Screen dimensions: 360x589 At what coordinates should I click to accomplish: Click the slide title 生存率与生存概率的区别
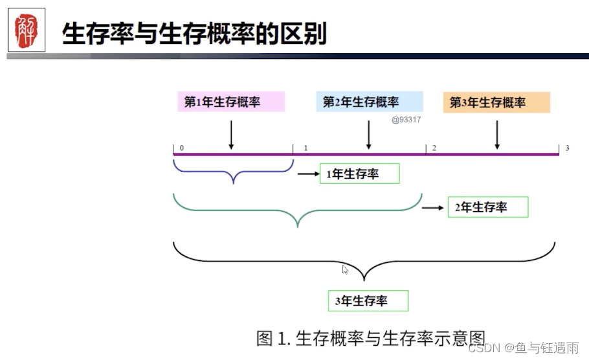pos(194,32)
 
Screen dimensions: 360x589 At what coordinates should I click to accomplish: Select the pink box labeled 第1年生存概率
pos(231,102)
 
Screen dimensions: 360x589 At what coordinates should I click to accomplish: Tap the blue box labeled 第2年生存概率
pos(370,102)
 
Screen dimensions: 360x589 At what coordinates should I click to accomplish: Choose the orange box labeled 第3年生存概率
pos(496,102)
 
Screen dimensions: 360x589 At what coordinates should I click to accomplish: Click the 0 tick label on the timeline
pos(182,148)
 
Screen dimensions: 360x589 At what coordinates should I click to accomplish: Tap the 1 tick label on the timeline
pos(306,148)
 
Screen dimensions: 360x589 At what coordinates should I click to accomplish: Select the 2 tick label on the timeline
pos(434,148)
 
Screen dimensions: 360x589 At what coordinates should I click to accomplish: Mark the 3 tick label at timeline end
pos(567,148)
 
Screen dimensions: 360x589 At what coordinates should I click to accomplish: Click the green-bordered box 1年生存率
pos(359,174)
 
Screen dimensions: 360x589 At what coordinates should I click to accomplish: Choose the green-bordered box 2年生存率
pos(488,207)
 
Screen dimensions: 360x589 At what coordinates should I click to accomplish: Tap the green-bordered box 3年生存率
pos(368,300)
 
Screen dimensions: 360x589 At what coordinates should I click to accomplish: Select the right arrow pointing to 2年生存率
pos(432,207)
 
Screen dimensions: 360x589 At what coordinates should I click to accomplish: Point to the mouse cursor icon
pos(346,269)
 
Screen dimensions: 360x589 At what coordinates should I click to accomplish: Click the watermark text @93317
pos(406,119)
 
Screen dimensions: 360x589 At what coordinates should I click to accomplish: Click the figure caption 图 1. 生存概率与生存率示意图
pos(370,338)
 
